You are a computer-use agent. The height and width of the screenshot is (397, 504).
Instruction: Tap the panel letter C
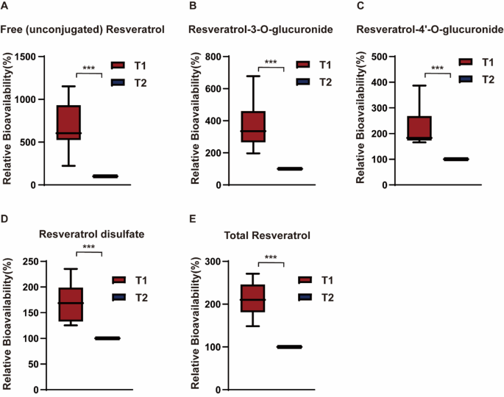tap(359, 6)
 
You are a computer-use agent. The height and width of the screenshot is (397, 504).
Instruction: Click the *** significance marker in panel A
tap(88, 68)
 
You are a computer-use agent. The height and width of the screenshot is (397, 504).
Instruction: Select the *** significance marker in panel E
tap(271, 257)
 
